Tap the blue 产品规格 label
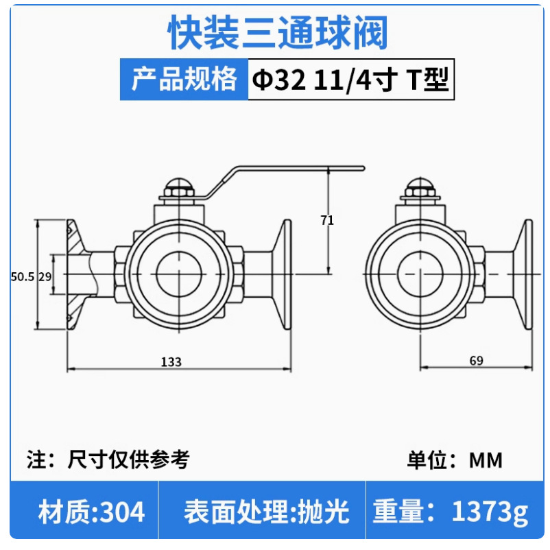(184, 80)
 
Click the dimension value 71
(327, 220)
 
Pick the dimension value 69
(477, 362)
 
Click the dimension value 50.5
(23, 276)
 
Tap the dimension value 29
(45, 276)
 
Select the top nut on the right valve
(420, 189)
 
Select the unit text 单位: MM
(455, 459)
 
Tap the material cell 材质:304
(91, 512)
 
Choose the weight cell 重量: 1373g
(451, 512)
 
